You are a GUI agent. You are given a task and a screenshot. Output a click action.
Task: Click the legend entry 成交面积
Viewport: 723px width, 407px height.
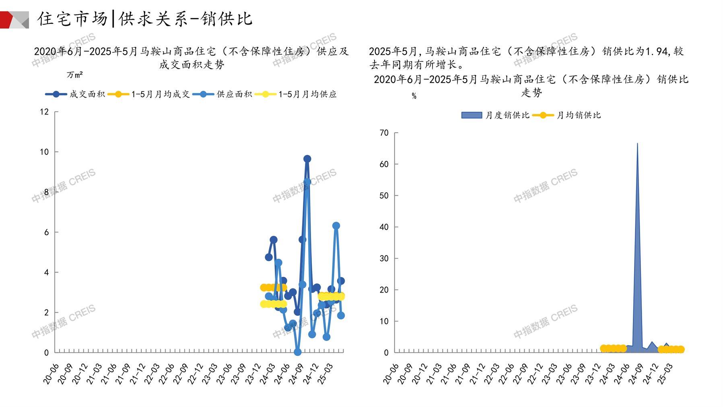[x=87, y=94]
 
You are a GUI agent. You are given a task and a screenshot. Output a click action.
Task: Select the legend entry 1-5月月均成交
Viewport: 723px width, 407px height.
[x=160, y=94]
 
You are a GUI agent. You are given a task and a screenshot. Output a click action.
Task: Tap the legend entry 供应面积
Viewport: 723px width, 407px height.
[x=234, y=94]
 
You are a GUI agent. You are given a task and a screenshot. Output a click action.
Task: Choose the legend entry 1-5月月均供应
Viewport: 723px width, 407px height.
[x=307, y=94]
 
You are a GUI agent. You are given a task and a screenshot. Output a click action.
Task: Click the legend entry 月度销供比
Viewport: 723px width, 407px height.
[x=507, y=115]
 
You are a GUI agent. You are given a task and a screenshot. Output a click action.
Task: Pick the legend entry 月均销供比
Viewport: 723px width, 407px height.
[x=578, y=115]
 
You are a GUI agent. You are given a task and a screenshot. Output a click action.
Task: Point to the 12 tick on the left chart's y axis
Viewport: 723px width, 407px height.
[x=44, y=112]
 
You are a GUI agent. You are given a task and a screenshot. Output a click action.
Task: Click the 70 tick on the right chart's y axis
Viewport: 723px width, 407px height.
[x=384, y=133]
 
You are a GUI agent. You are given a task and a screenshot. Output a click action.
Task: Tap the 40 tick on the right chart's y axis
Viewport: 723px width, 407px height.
[x=384, y=227]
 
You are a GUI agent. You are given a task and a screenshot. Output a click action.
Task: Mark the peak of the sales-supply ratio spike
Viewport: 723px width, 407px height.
[x=637, y=143]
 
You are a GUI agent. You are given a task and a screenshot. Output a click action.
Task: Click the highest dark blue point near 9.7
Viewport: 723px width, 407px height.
[x=307, y=159]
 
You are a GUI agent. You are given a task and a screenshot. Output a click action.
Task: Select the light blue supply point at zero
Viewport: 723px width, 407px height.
[x=298, y=352]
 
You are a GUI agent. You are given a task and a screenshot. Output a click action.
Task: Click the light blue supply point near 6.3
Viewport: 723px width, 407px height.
[x=336, y=226]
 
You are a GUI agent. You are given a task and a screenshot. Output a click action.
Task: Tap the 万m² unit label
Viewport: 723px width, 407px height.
[x=75, y=75]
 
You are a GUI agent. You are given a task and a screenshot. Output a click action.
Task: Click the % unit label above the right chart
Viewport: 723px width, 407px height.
[x=414, y=96]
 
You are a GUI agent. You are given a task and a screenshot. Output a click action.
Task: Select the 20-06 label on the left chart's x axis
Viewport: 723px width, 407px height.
[x=51, y=374]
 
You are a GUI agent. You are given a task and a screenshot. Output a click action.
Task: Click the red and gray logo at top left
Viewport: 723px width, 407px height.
[x=14, y=20]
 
